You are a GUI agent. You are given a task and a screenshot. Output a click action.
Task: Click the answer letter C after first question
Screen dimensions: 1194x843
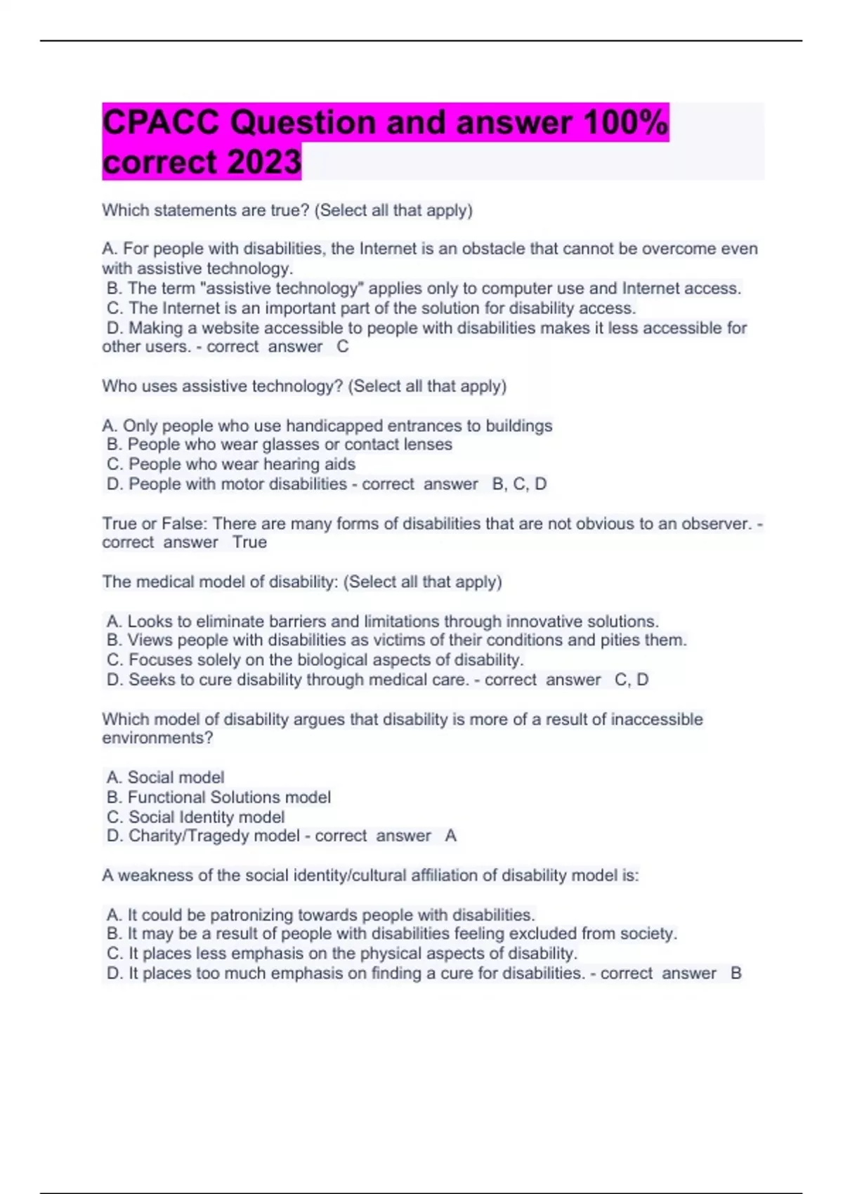(x=342, y=347)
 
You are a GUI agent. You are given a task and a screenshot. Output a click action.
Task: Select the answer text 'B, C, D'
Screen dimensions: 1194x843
(x=519, y=485)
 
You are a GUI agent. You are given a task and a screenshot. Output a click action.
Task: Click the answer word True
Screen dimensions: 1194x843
(x=249, y=542)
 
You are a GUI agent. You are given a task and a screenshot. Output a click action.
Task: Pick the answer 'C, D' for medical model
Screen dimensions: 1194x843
(x=631, y=680)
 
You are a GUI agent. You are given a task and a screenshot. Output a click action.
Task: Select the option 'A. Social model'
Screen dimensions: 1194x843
(x=166, y=778)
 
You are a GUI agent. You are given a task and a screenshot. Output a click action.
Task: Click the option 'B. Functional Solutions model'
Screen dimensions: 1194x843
(x=218, y=797)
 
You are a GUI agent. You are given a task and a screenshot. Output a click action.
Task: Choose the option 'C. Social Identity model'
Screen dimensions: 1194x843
(x=196, y=818)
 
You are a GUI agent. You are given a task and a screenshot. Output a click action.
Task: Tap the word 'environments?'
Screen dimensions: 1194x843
(x=157, y=738)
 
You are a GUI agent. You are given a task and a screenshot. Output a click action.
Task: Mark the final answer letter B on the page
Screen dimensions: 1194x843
(x=736, y=973)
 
